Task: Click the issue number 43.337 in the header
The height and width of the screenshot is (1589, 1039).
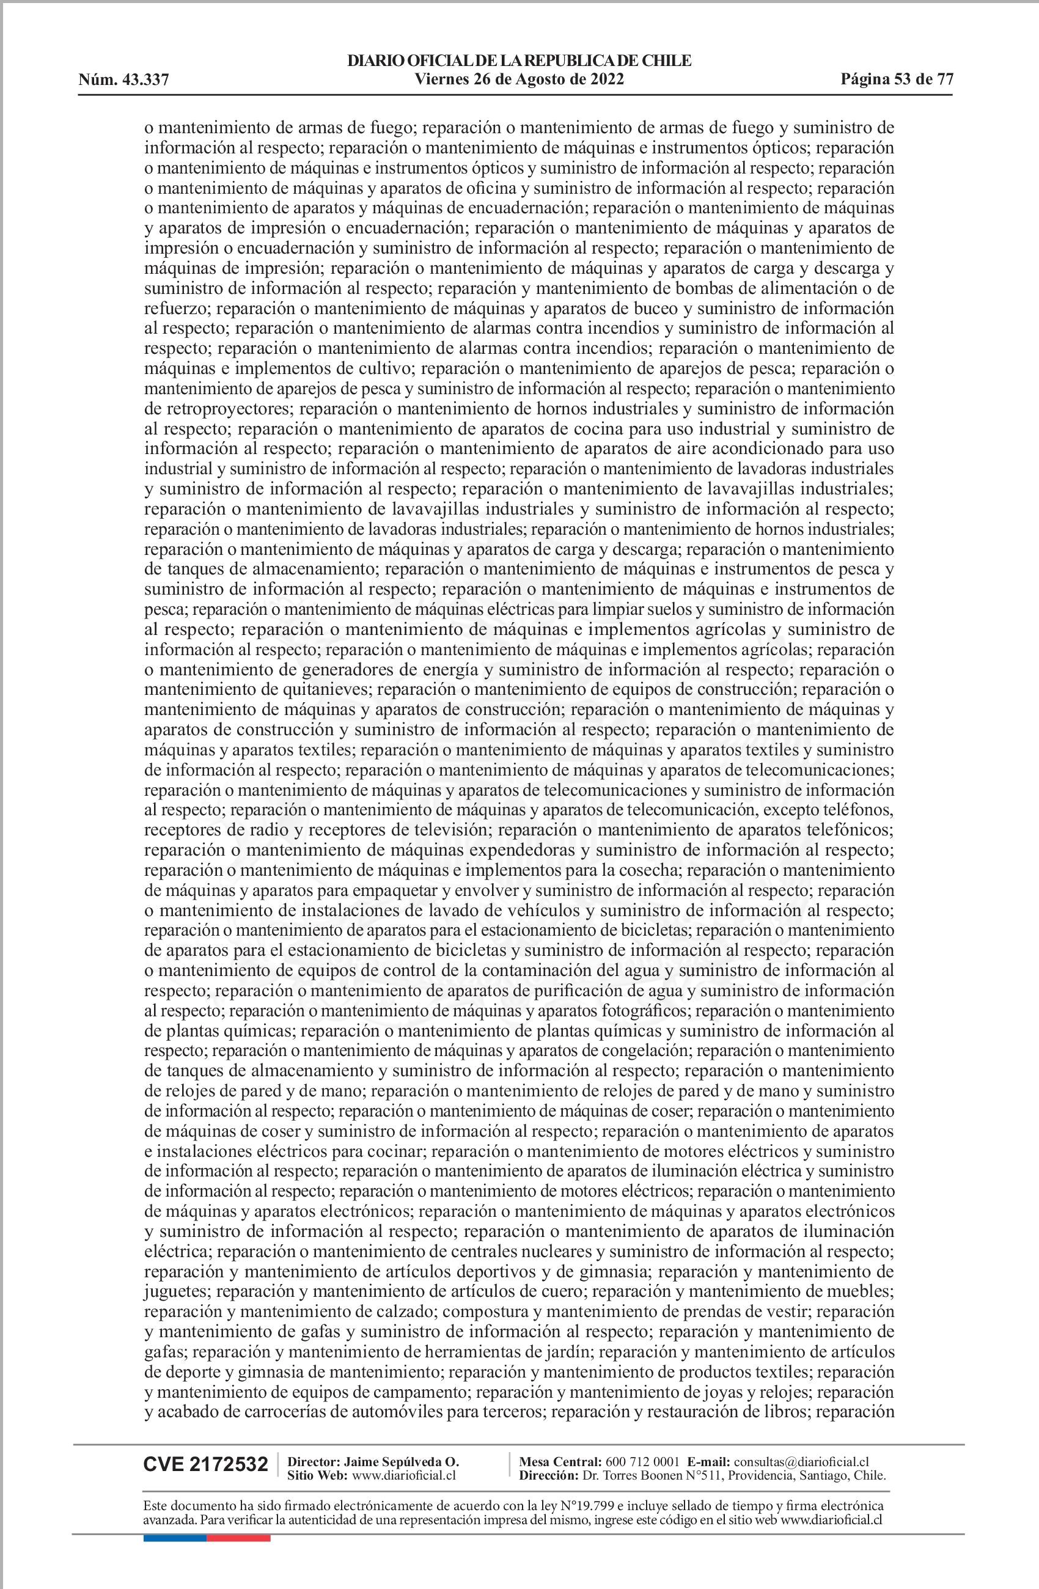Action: [144, 81]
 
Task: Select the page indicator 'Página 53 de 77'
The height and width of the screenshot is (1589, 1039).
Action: [896, 80]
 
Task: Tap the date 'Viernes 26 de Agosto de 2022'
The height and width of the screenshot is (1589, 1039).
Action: [519, 80]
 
